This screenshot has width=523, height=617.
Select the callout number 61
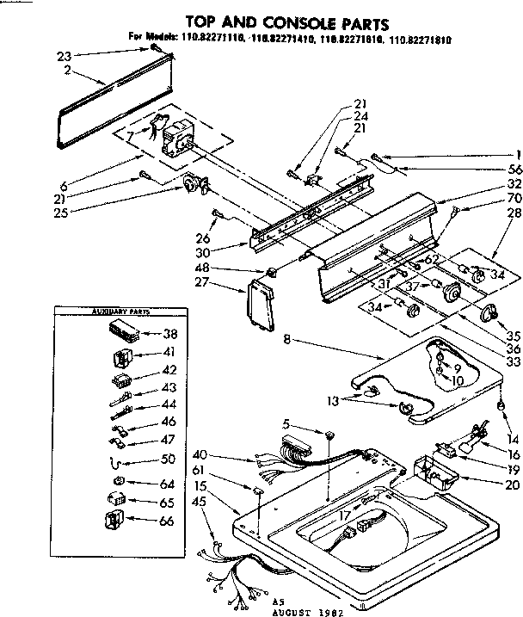(200, 470)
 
